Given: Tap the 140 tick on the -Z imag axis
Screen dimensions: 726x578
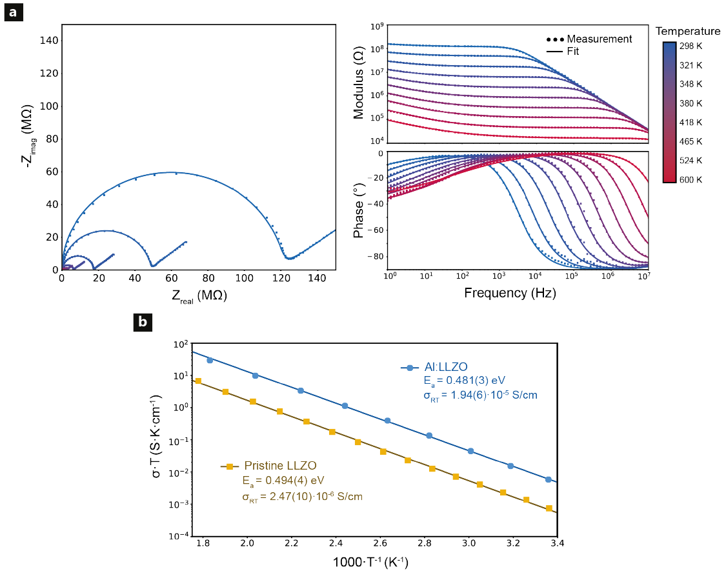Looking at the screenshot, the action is tap(49, 41).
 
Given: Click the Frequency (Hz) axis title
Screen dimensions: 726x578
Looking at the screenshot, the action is tap(510, 293).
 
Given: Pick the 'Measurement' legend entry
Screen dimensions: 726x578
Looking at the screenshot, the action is tap(599, 39).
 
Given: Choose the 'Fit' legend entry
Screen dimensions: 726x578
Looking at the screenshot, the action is tap(573, 51).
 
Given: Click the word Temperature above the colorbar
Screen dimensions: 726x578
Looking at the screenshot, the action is tap(687, 31).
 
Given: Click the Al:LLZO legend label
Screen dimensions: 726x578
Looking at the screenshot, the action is tap(446, 367).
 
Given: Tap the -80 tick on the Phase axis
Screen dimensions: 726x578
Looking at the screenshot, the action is tap(375, 257).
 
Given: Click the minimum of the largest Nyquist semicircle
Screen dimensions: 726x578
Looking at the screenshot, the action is tap(290, 258).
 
